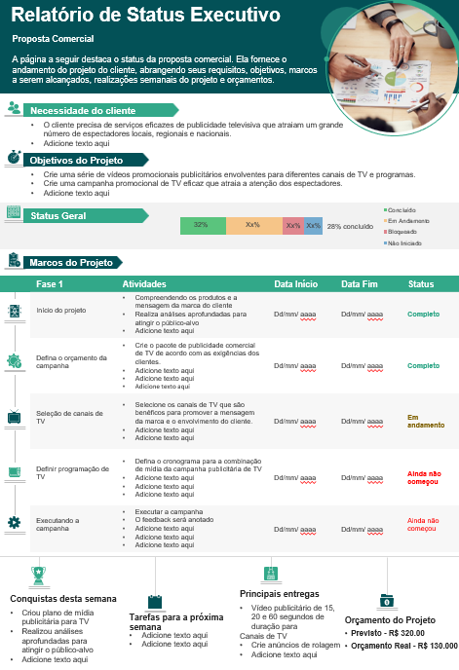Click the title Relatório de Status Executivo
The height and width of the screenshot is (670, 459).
coord(146,16)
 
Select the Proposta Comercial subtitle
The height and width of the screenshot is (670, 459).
coord(53,39)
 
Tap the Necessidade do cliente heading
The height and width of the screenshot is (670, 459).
coord(83,111)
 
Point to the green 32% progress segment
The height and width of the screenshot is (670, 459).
coord(202,225)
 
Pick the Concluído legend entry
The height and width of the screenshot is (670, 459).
coord(402,209)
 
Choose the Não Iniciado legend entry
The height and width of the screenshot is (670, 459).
coord(405,242)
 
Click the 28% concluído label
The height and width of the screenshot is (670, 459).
coord(350,226)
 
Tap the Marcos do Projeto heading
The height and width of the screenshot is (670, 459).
coord(71,263)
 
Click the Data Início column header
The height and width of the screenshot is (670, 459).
coord(295,284)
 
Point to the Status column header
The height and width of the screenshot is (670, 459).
coord(421,284)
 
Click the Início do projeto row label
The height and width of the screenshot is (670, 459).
coord(61,311)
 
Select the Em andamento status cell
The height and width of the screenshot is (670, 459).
coord(425,421)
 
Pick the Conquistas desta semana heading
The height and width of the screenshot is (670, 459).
coord(63,598)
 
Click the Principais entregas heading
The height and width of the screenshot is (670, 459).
coord(279,593)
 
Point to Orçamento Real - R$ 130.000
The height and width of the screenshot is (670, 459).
coord(402,646)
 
